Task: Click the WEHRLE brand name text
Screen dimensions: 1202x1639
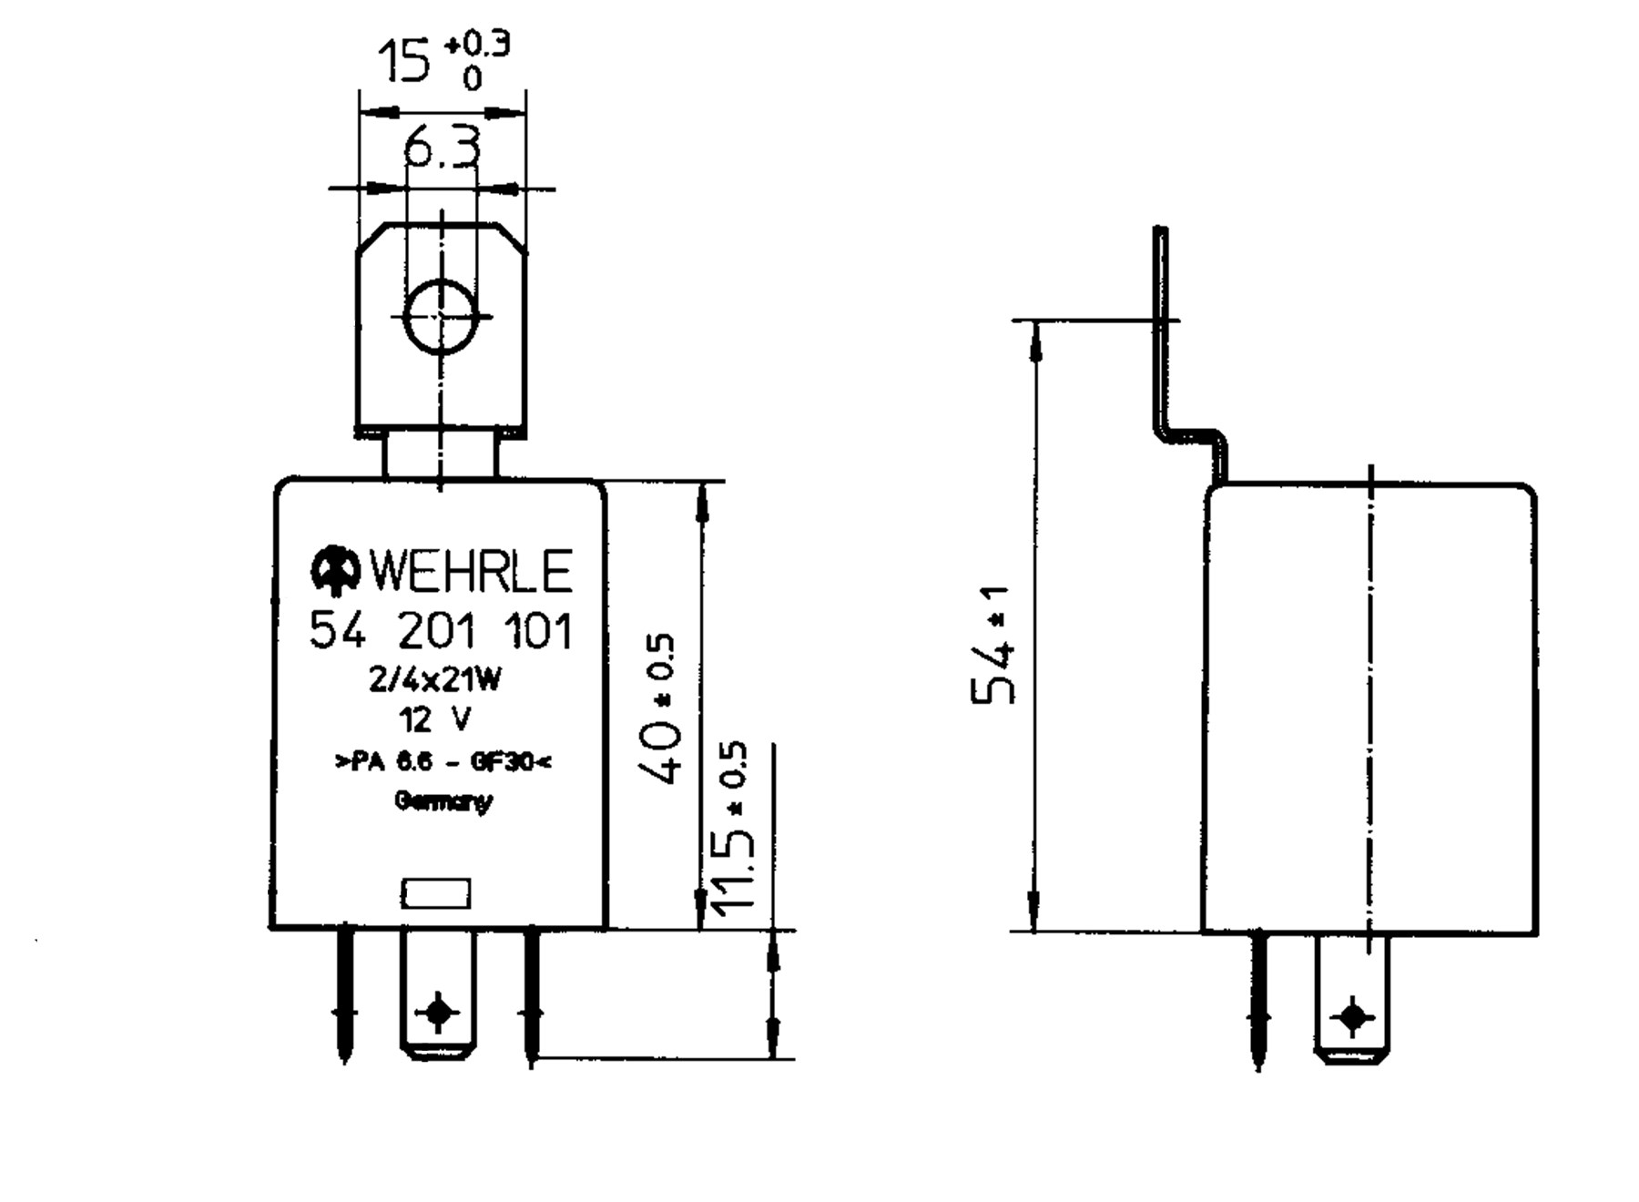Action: click(470, 571)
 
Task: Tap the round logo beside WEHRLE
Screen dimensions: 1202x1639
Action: click(335, 570)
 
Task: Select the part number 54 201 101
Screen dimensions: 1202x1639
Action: click(442, 631)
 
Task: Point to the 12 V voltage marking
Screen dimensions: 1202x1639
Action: click(435, 720)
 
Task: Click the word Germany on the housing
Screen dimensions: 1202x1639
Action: click(443, 801)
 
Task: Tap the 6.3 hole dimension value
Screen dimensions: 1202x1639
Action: click(443, 148)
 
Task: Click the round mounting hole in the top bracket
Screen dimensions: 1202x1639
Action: click(441, 316)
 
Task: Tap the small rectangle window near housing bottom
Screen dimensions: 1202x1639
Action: click(436, 893)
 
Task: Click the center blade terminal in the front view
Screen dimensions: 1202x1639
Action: click(438, 997)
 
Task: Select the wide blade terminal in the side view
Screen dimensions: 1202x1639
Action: click(1352, 1000)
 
